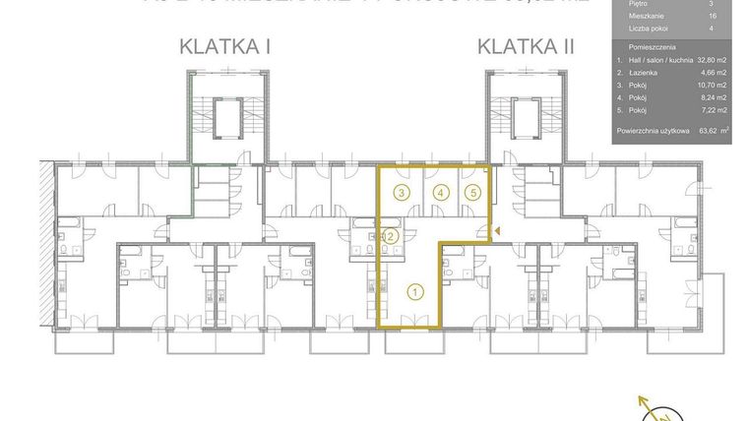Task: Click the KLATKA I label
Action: coord(226,45)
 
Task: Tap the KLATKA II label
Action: coord(528,45)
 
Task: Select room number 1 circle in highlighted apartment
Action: coord(415,290)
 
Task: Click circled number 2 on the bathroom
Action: coord(391,235)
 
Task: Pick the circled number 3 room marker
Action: coord(402,193)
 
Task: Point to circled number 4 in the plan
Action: coord(441,193)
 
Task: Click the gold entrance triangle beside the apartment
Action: coord(498,231)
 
